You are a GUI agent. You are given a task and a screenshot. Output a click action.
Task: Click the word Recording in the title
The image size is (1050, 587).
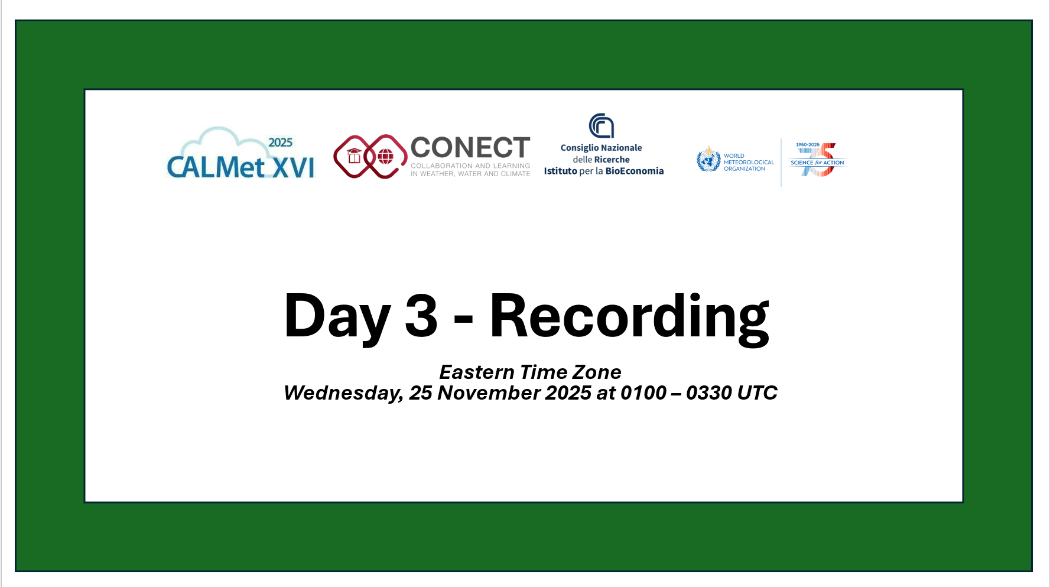click(629, 319)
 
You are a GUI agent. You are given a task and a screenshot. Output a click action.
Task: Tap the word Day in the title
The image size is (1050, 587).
click(337, 319)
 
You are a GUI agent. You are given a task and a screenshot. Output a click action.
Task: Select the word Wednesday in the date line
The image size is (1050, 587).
click(343, 393)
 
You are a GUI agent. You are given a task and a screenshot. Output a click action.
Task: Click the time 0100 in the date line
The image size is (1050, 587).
click(643, 393)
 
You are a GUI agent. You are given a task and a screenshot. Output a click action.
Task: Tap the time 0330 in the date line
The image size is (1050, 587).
click(709, 393)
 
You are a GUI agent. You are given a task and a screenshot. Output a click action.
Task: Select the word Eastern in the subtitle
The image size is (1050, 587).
click(477, 372)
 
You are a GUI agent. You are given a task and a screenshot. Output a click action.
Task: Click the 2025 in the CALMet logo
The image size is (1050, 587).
click(280, 142)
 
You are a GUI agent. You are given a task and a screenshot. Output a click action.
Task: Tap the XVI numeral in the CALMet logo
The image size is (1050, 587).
click(294, 167)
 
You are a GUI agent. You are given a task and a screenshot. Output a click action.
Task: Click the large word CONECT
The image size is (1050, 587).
click(470, 148)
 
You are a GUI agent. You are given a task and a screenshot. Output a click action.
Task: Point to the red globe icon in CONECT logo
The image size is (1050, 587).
click(385, 157)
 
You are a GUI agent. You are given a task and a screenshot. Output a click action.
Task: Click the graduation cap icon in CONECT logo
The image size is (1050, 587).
click(354, 156)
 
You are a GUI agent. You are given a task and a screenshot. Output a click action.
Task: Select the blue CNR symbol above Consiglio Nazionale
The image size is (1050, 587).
click(602, 125)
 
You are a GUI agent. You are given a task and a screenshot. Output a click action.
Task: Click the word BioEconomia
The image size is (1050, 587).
click(635, 171)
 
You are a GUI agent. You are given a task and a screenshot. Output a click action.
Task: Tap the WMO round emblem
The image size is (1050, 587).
click(708, 159)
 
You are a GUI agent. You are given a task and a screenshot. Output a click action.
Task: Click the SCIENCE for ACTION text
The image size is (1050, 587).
click(817, 163)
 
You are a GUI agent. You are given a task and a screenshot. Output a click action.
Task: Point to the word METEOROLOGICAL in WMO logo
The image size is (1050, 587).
click(749, 162)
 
